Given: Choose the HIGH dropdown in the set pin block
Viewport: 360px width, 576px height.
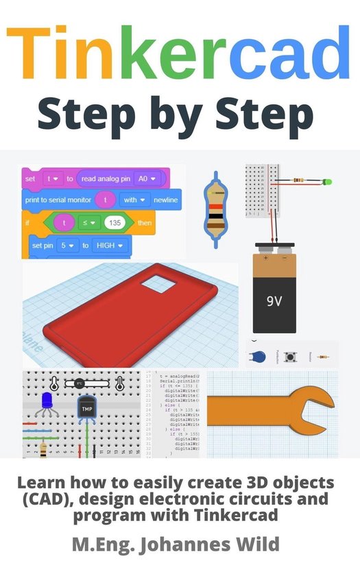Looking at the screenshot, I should [x=110, y=245].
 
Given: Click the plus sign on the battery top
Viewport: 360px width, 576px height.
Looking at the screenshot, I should [x=264, y=258].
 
